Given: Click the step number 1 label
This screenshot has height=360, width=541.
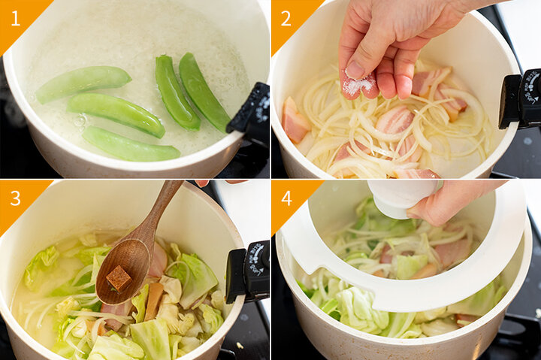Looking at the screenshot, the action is point(16,19).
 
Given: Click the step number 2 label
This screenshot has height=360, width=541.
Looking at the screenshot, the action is point(286,19).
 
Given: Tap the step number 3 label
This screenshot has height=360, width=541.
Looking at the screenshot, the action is point(16,198).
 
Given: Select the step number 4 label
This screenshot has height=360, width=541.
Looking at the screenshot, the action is point(286,198).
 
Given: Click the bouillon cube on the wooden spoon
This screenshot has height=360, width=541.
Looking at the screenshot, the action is point(119,278).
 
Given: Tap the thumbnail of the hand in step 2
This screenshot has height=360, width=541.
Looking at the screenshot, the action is point(355,69).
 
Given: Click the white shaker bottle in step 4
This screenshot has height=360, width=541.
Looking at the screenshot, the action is point(402,198).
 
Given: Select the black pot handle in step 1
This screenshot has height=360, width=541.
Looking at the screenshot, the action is point(249,108).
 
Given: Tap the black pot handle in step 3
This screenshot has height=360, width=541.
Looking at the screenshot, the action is point(247,272).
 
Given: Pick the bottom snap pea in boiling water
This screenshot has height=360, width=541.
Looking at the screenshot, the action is point(131,144).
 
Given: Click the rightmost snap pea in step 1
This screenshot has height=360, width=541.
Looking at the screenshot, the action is point(204,92).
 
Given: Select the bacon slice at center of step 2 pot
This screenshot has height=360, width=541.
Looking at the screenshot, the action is point(394,119).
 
